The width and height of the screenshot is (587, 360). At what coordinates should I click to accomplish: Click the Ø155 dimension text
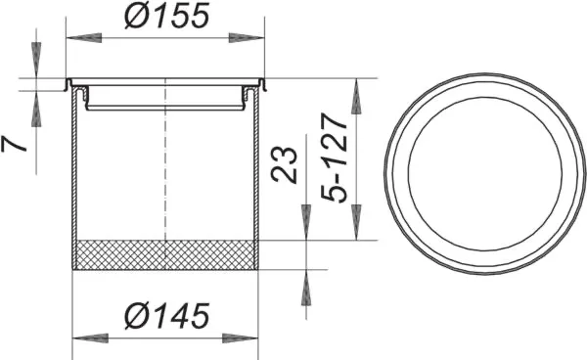(x=169, y=18)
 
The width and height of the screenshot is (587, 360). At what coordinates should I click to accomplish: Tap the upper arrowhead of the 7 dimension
(x=36, y=65)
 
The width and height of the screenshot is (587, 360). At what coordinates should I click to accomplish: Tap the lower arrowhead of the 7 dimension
(x=36, y=109)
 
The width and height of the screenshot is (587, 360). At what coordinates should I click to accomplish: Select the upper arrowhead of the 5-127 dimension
(x=357, y=96)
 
